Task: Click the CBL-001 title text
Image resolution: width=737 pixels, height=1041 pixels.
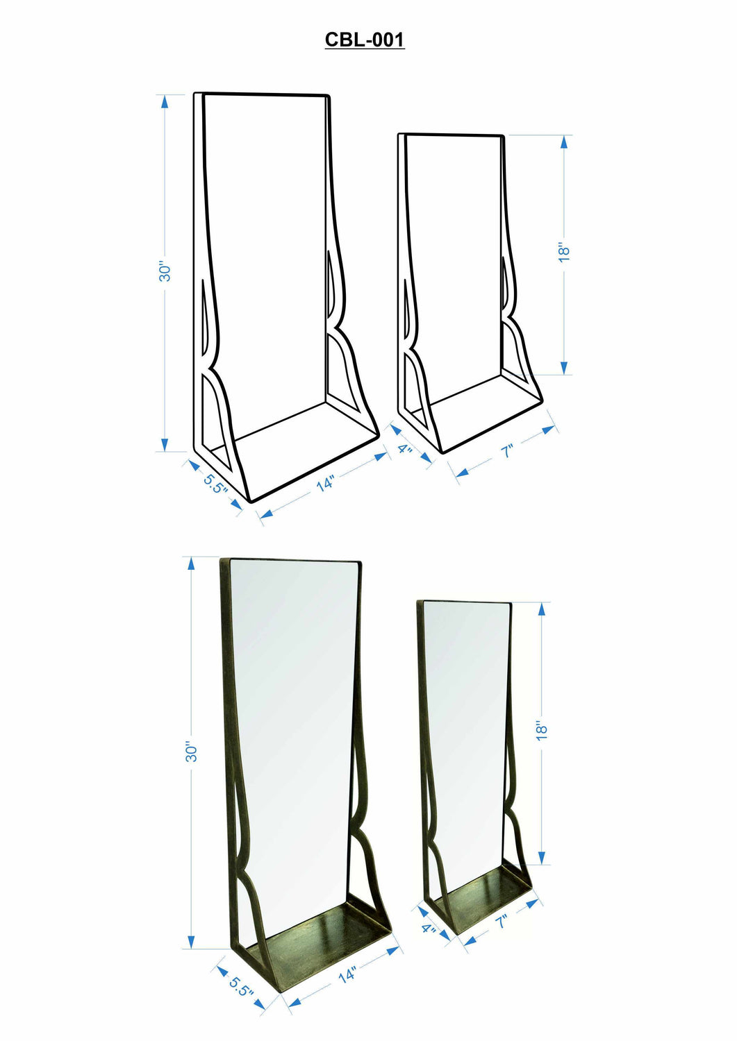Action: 364,40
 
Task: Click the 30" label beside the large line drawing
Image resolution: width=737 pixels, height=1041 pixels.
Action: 165,271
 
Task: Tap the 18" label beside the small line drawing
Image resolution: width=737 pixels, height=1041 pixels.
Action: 564,253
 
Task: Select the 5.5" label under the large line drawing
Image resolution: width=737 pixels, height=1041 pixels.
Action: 215,483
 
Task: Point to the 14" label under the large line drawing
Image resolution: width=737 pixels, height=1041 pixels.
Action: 325,483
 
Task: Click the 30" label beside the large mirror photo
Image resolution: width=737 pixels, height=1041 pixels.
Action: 192,752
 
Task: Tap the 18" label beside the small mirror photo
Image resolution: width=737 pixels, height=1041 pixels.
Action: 543,731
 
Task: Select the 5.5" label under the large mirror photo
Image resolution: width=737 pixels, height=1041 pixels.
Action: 241,985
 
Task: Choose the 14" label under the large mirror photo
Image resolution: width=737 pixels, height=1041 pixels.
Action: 347,975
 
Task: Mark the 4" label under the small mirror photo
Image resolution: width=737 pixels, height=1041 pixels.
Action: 429,929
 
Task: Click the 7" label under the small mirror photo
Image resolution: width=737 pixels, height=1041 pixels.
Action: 502,922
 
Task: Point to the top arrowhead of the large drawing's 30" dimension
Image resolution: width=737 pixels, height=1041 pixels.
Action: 165,101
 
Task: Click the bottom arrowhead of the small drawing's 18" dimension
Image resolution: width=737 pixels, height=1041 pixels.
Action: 564,368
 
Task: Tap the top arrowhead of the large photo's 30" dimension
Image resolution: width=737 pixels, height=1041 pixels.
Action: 192,564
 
